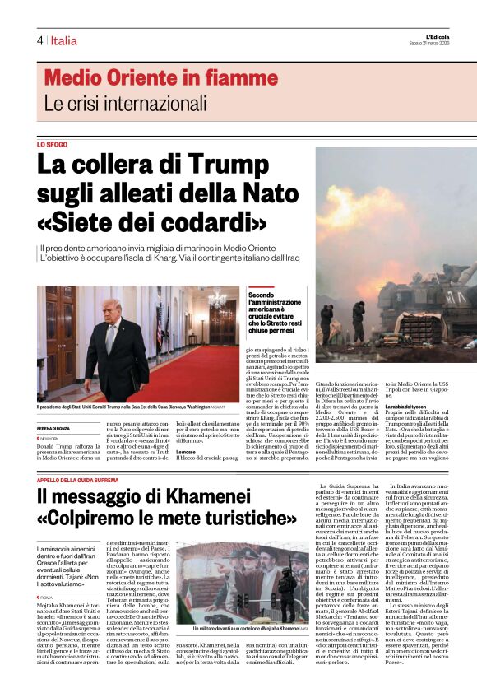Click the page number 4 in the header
[39, 40]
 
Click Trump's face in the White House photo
[113, 311]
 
